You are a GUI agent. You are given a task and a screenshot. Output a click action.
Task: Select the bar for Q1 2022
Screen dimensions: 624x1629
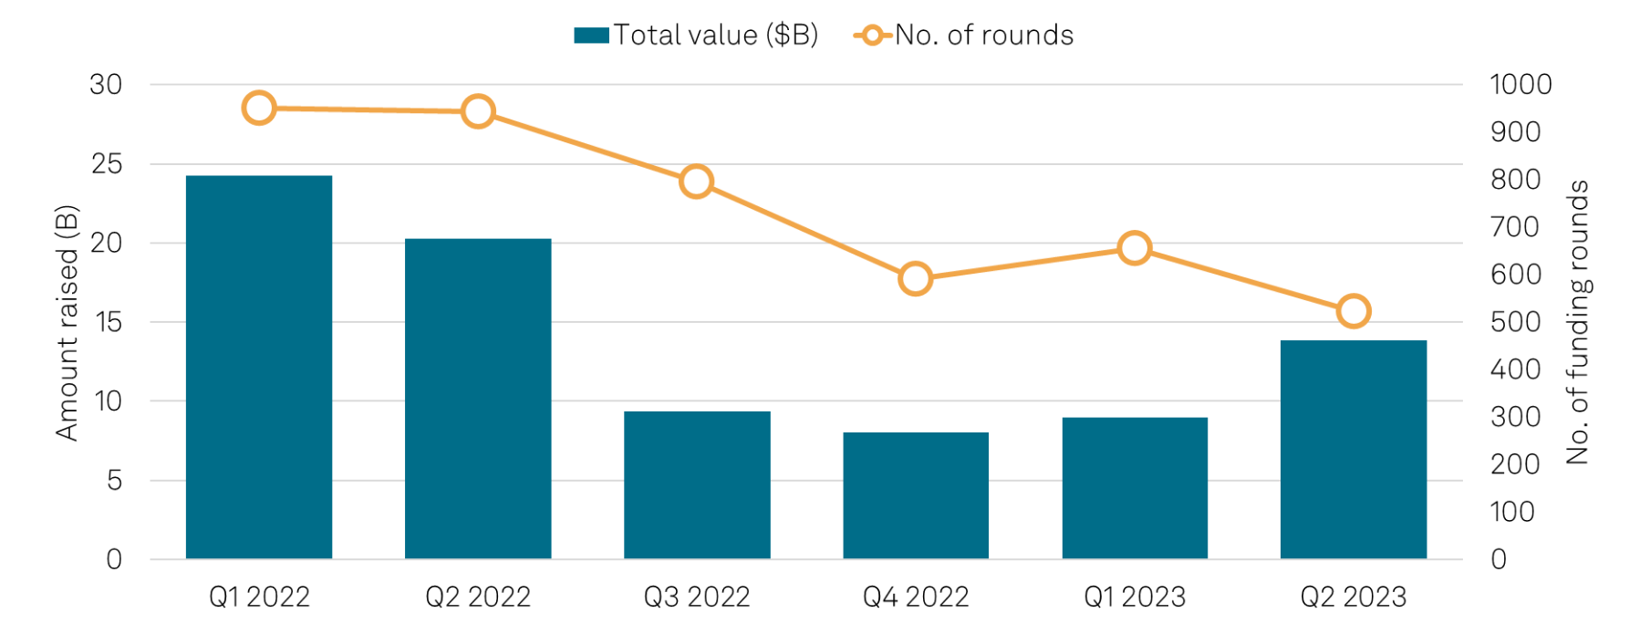pos(259,367)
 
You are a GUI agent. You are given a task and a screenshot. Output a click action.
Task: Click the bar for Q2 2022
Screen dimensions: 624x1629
pos(478,399)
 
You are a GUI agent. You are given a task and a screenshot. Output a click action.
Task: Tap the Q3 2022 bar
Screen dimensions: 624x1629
pos(697,484)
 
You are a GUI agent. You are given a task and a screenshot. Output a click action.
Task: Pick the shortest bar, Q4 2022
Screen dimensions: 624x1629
pos(916,495)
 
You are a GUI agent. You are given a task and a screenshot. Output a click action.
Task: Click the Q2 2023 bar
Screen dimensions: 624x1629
pos(1354,449)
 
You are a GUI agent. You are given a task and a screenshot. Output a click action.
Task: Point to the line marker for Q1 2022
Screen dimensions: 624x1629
pos(259,109)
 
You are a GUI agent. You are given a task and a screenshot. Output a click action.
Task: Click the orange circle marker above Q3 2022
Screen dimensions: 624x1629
pos(697,182)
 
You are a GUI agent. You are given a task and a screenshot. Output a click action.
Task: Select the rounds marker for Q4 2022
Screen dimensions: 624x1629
pos(915,278)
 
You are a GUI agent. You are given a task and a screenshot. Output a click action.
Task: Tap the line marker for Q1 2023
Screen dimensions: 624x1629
pos(1134,248)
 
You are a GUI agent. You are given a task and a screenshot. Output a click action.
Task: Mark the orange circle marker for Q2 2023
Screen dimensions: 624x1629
pos(1354,312)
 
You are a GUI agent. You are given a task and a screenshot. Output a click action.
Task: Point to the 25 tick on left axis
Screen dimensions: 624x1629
pos(106,164)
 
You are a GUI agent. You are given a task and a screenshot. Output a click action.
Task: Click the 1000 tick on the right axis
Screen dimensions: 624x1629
pos(1520,85)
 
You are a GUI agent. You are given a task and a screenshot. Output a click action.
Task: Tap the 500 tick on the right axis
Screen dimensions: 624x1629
pos(1515,322)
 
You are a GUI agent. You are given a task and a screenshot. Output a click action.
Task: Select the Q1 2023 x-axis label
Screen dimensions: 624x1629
pos(1135,597)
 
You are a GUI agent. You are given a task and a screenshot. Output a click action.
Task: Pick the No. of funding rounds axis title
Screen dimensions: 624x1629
pos(1578,322)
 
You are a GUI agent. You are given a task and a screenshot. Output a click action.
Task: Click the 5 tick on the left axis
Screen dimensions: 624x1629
pos(113,481)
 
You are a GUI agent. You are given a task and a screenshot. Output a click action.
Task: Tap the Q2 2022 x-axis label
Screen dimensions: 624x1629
pos(478,597)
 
